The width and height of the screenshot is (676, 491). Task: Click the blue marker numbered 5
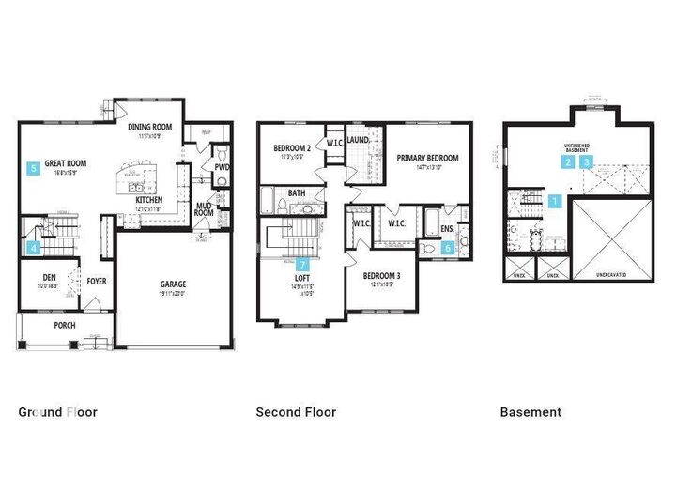pyautogui.click(x=34, y=168)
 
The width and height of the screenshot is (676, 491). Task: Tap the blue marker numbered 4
pyautogui.click(x=34, y=248)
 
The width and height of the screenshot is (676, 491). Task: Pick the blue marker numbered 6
pyautogui.click(x=447, y=248)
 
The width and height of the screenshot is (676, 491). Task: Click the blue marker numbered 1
pyautogui.click(x=554, y=200)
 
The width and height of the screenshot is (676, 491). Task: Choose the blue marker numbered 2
pyautogui.click(x=567, y=161)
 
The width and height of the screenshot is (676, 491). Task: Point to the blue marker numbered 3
pyautogui.click(x=588, y=161)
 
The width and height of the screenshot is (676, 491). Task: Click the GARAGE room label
pyautogui.click(x=172, y=284)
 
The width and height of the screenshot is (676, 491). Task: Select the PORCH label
pyautogui.click(x=64, y=326)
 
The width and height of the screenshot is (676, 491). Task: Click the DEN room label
pyautogui.click(x=50, y=277)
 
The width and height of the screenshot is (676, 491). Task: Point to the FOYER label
pyautogui.click(x=96, y=281)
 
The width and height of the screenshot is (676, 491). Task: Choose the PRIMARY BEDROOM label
pyautogui.click(x=427, y=159)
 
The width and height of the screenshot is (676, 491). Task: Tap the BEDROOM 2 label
pyautogui.click(x=292, y=148)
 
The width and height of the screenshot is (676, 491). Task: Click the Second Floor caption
pyautogui.click(x=296, y=411)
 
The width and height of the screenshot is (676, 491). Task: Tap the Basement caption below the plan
pyautogui.click(x=530, y=411)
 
